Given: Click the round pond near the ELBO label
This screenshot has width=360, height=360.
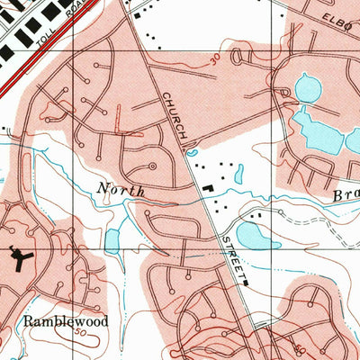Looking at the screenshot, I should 308,88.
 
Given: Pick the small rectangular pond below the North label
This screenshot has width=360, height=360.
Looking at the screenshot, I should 112,240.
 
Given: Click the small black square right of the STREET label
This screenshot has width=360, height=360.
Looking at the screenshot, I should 245,282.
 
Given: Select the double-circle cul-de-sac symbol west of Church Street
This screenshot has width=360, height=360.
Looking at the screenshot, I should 151,166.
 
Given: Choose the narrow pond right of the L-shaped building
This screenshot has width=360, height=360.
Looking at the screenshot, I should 238,176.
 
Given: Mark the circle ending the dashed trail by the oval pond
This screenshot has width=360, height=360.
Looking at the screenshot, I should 280,213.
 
